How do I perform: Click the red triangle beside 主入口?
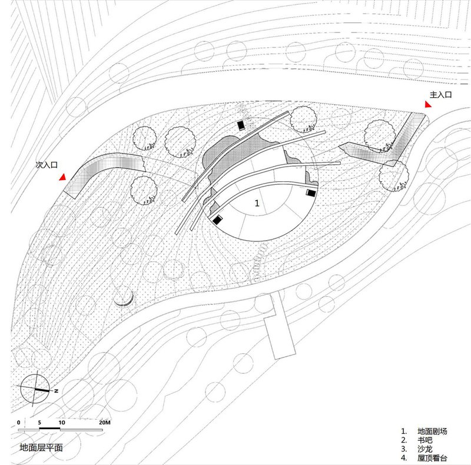coord(429,104)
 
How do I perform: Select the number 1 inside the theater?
coord(257,203)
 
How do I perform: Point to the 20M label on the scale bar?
coord(105,423)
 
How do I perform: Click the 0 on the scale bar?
coord(19,423)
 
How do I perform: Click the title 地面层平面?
coord(41,447)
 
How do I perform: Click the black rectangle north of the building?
coord(241,125)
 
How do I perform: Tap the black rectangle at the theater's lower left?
coord(218,220)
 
